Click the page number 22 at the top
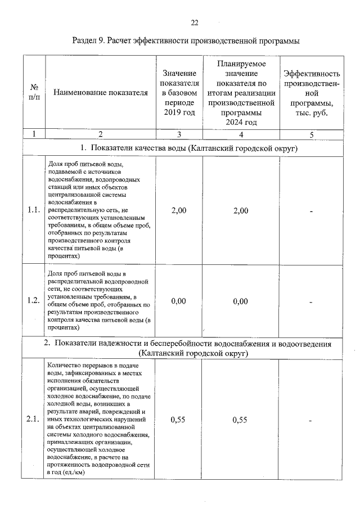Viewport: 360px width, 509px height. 195,23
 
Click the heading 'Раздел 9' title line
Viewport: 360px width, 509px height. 186,41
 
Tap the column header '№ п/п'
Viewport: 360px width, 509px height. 34,93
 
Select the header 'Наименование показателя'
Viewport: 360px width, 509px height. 100,93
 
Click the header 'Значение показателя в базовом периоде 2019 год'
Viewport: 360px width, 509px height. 178,93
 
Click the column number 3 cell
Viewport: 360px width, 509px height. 178,134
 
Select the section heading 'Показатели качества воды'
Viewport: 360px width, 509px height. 186,148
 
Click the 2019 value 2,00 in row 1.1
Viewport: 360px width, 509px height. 178,210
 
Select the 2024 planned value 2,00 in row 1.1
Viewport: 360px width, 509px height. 240,210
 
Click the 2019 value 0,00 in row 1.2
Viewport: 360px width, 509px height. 178,301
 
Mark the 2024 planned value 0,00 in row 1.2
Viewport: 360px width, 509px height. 240,301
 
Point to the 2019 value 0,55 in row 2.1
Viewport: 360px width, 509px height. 178,420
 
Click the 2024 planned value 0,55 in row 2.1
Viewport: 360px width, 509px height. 240,420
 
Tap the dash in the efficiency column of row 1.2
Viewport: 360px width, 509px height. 310,301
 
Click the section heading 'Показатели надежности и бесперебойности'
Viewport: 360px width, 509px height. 186,344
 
